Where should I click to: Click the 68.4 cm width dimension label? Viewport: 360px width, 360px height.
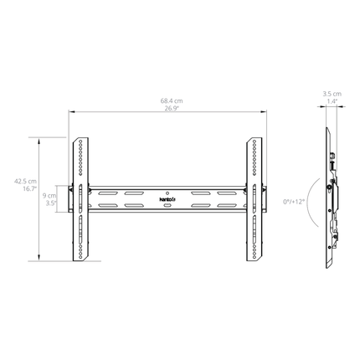tap(172, 100)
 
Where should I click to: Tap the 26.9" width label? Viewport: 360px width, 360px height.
tap(172, 108)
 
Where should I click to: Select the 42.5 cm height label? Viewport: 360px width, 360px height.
tap(26, 182)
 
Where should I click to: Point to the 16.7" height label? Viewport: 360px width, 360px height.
tap(30, 189)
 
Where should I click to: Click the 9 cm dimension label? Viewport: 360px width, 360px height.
tap(49, 196)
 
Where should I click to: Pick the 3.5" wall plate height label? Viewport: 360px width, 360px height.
tap(51, 203)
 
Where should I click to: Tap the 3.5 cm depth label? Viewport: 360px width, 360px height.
tap(332, 94)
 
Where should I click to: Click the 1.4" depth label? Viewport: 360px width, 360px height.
tap(332, 101)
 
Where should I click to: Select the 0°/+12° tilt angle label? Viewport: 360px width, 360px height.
tap(294, 202)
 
